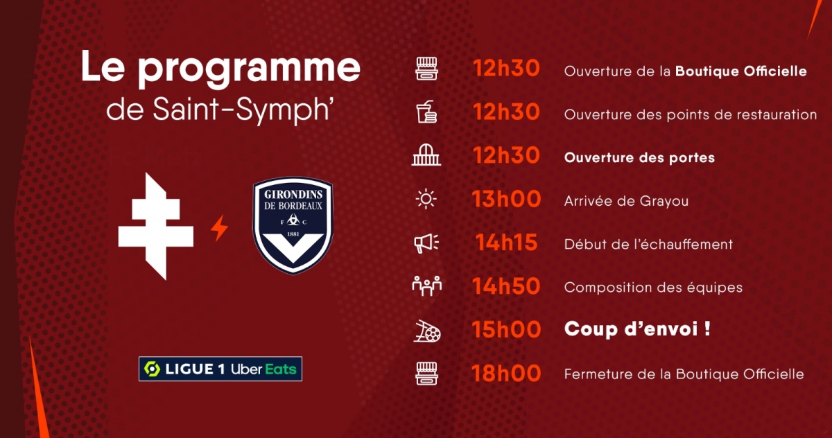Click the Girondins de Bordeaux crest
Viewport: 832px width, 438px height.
[x=293, y=226]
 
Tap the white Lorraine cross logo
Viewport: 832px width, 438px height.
[x=155, y=226]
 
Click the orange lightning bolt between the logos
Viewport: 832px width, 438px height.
[x=220, y=228]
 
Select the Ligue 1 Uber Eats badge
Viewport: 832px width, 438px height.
[x=220, y=369]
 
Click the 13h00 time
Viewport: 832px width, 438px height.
[x=506, y=199]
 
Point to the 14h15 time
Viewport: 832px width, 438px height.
[x=506, y=243]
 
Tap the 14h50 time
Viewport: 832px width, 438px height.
[x=506, y=286]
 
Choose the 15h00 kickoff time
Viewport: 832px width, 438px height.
[x=506, y=329]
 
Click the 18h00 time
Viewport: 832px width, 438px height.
[x=506, y=373]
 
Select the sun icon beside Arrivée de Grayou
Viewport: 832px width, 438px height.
[x=426, y=200]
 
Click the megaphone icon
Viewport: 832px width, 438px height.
[x=426, y=243]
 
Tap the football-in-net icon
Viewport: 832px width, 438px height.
[x=427, y=331]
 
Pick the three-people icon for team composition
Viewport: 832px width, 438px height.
[x=427, y=286]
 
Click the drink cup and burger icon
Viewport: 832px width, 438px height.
[x=426, y=112]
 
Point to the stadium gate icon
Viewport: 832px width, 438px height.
[x=426, y=155]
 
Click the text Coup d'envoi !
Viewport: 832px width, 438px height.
[x=637, y=329]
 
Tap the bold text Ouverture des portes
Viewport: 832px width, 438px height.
[x=639, y=158]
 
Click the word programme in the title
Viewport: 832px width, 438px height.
[x=249, y=69]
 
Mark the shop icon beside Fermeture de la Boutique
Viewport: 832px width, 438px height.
[x=426, y=374]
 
